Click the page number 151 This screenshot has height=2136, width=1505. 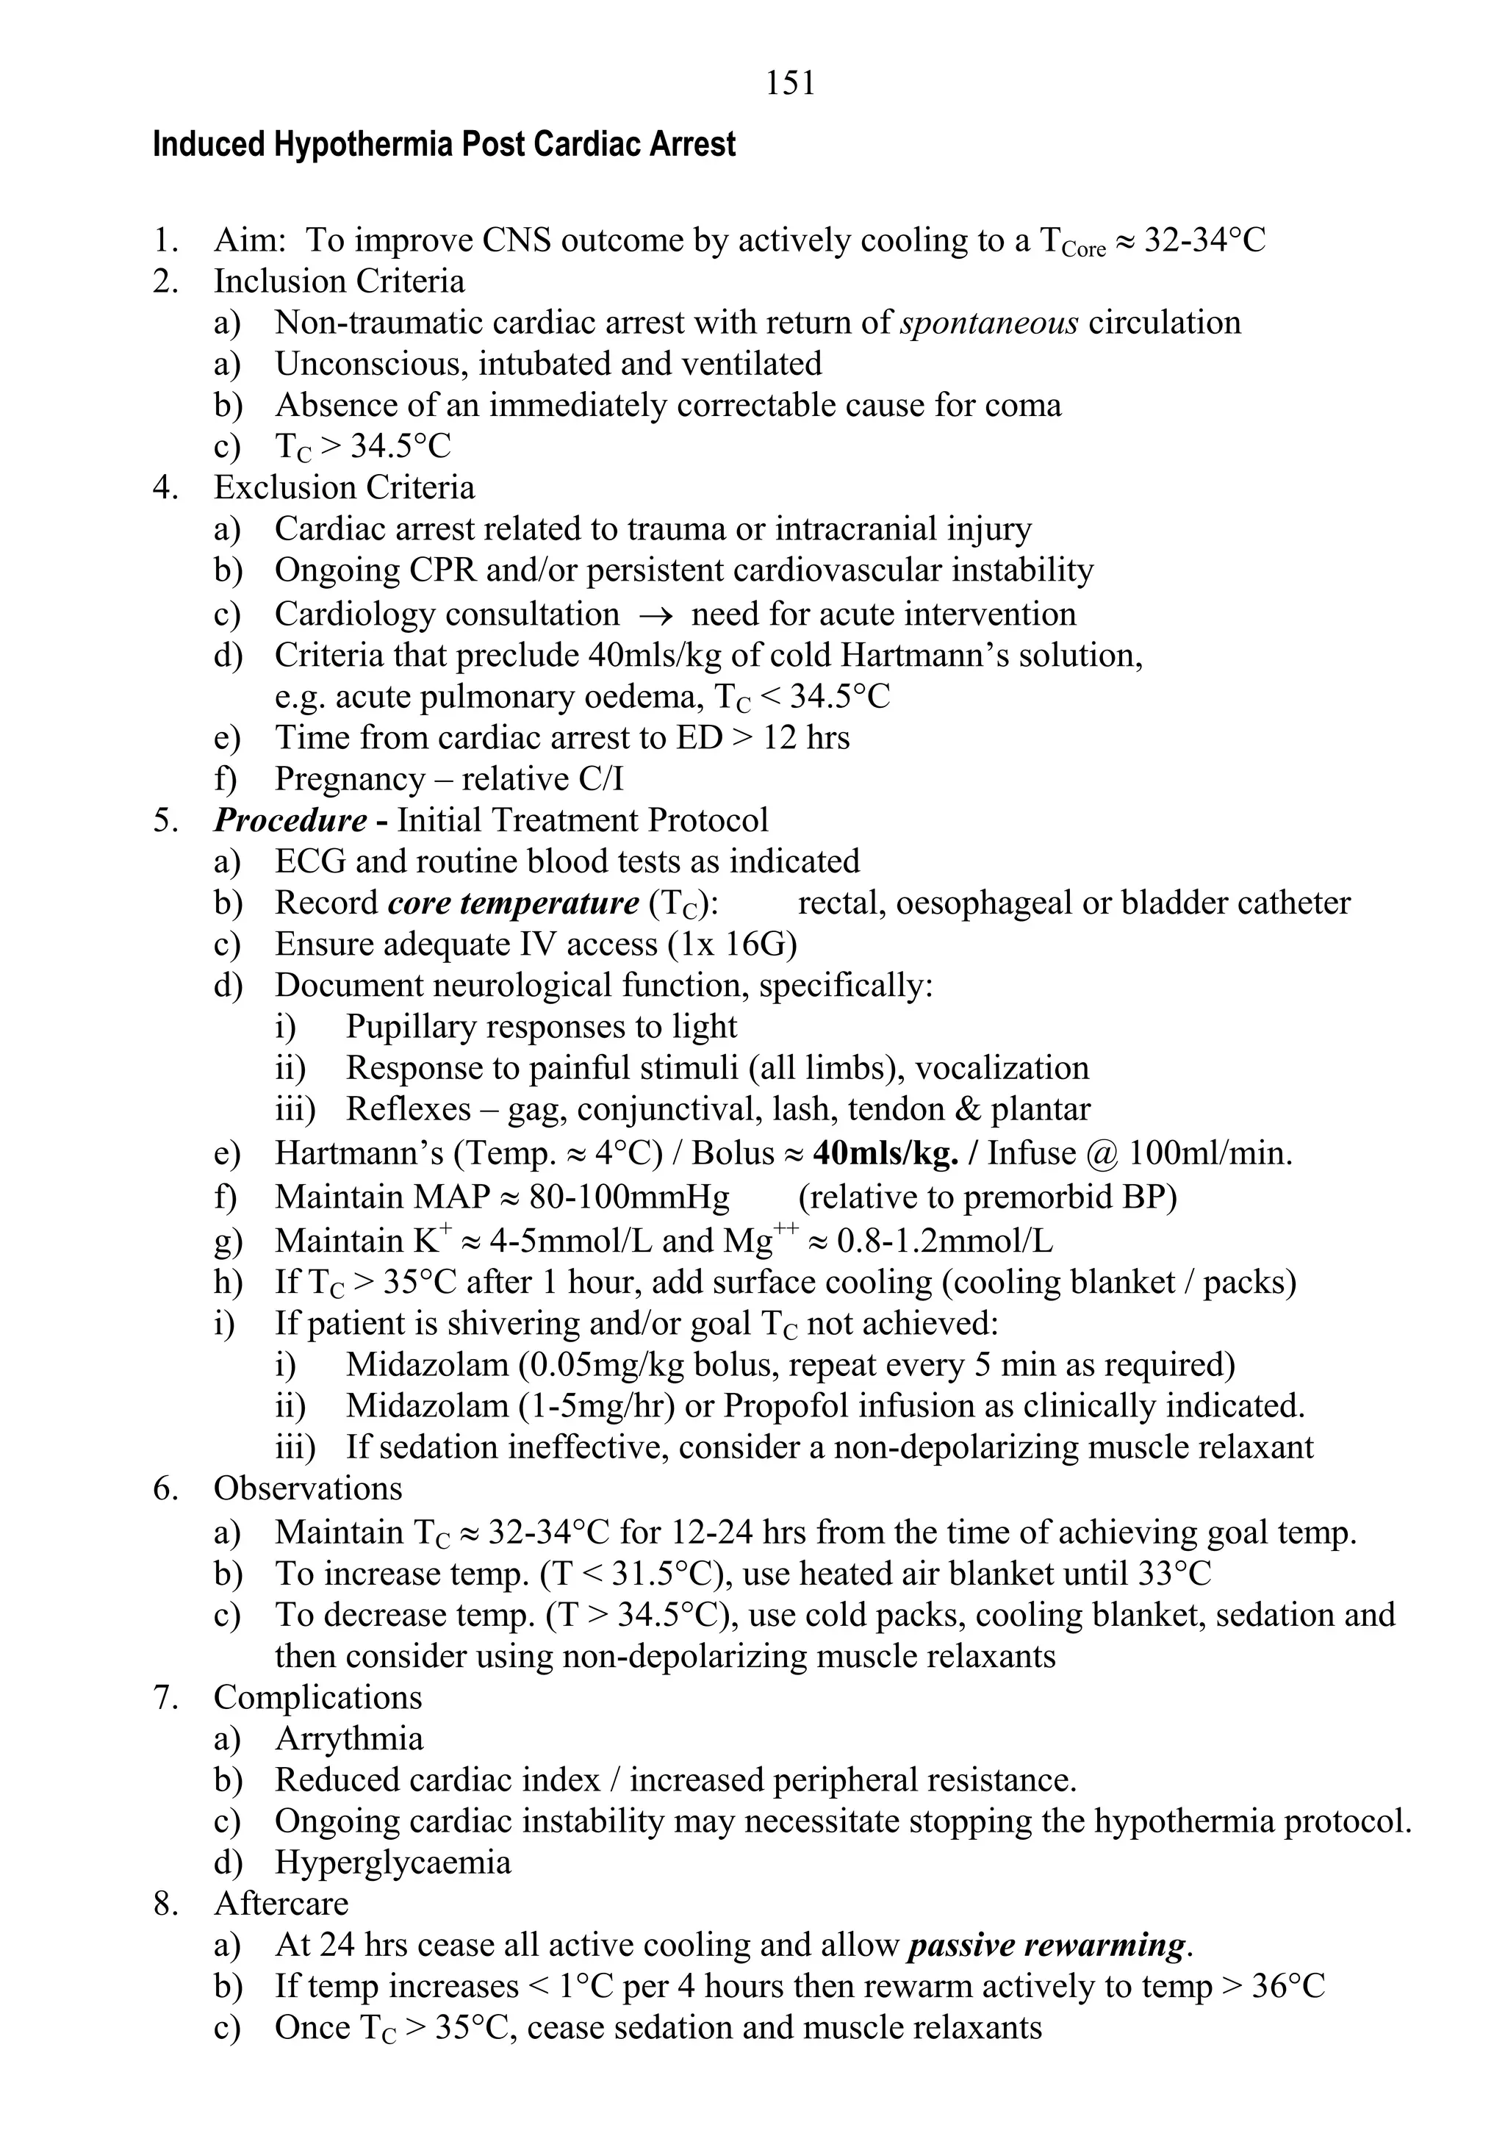790,84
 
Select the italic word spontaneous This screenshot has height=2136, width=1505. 990,323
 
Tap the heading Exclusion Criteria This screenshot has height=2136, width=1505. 344,487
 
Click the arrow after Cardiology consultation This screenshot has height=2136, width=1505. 655,616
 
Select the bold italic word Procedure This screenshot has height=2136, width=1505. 290,820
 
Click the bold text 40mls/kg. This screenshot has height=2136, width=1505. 885,1153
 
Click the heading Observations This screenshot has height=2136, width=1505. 308,1488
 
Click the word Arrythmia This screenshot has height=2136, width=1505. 349,1739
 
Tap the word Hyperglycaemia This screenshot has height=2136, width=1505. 392,1863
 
